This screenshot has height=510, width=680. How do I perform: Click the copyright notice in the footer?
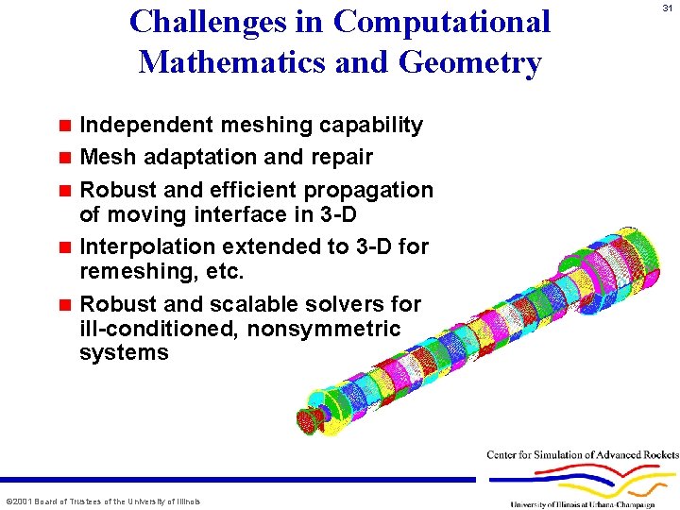click(103, 501)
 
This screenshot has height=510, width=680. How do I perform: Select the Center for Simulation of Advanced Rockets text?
click(582, 455)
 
